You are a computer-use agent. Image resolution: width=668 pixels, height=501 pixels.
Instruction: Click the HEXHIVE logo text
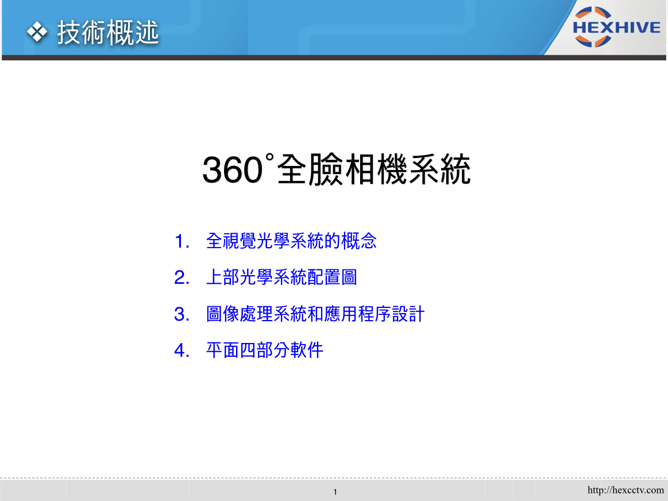coord(616,28)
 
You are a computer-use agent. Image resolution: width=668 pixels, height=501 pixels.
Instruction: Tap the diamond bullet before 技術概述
coord(37,32)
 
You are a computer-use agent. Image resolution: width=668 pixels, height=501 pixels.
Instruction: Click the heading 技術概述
coord(108,32)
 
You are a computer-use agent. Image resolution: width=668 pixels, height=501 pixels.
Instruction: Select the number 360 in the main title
coord(232,170)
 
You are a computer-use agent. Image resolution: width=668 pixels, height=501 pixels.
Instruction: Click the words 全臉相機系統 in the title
coord(373,169)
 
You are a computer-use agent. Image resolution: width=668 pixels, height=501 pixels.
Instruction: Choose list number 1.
coord(182,241)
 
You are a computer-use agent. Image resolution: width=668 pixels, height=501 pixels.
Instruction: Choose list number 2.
coord(182,278)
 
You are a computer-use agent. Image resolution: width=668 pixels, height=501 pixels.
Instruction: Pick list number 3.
coord(182,314)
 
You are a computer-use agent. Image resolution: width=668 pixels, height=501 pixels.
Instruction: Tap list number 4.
coord(182,351)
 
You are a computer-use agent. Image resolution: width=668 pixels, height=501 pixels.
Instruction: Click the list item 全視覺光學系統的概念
coord(291,241)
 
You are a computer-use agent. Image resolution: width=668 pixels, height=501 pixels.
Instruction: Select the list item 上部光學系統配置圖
coord(281,278)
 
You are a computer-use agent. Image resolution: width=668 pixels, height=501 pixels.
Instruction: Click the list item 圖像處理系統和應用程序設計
coord(315,314)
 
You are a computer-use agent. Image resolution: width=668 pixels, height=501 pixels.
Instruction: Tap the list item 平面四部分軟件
coord(265,350)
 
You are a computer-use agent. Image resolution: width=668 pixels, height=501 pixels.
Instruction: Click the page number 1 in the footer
coord(335,492)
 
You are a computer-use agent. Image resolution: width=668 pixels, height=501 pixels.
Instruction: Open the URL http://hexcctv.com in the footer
coord(625,490)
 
